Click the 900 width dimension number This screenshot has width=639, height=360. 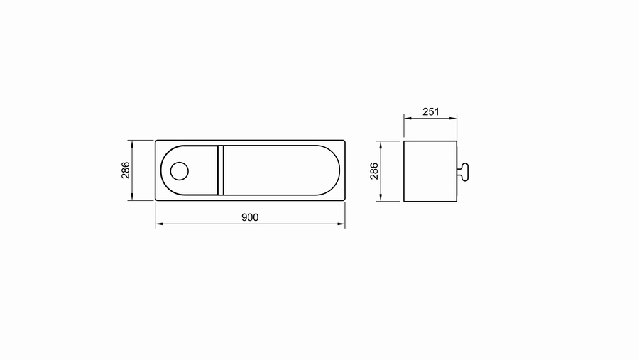tap(250, 217)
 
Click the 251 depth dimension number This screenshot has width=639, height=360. tap(431, 111)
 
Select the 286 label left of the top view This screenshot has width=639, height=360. tap(125, 170)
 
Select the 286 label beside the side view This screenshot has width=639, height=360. tap(373, 171)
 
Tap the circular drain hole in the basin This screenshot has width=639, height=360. tap(180, 171)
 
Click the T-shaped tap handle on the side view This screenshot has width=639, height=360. tap(463, 172)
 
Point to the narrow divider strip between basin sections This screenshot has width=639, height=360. tap(221, 170)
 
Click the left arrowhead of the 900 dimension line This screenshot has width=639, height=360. tap(159, 224)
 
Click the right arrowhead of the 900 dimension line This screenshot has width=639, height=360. tap(342, 224)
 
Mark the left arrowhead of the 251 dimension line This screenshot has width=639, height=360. tap(408, 119)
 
